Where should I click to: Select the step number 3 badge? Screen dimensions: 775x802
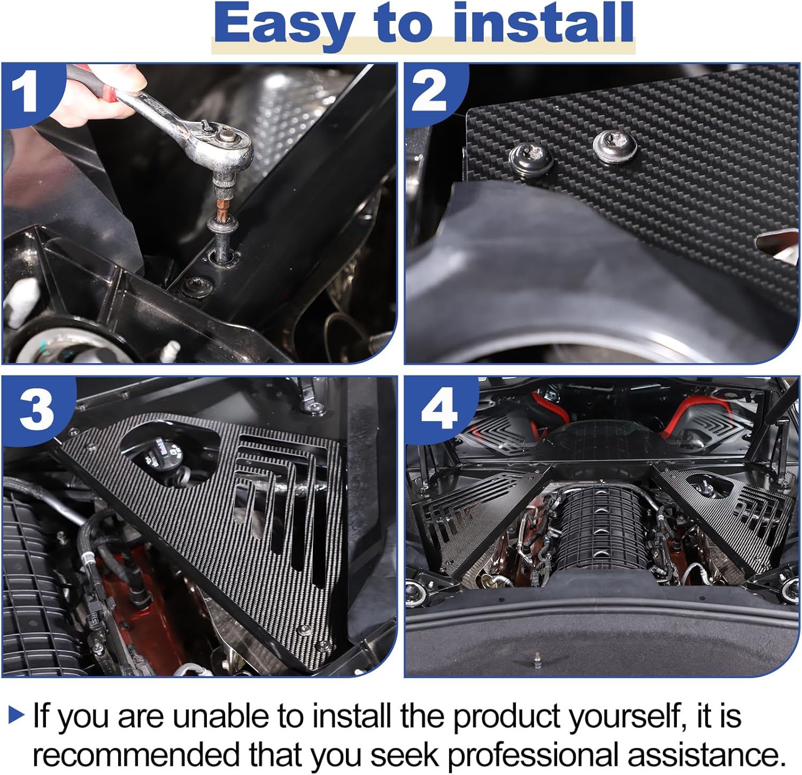click(x=36, y=409)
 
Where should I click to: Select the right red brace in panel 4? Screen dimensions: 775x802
click(x=700, y=415)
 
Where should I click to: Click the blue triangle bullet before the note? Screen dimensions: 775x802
click(x=17, y=715)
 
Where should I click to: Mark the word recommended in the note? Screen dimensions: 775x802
click(x=137, y=755)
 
